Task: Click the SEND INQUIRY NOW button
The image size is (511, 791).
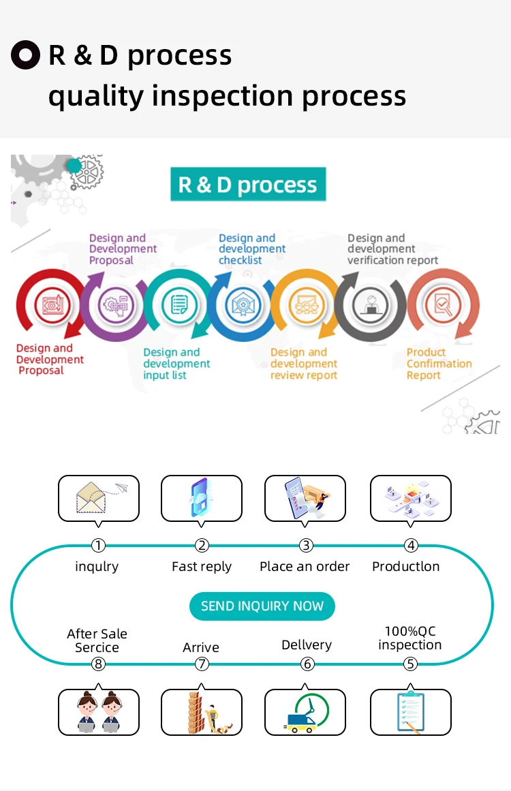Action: [x=262, y=606]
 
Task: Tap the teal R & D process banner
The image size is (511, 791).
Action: [x=248, y=185]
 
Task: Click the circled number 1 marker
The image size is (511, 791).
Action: [x=99, y=545]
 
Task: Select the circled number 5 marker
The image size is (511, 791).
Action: [x=410, y=664]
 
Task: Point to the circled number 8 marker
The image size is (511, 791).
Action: [x=99, y=664]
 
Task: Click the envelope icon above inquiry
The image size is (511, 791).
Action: [x=99, y=498]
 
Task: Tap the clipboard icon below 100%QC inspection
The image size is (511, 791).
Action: [x=410, y=712]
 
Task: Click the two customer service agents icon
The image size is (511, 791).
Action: [x=99, y=712]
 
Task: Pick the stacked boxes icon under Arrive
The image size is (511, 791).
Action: [x=202, y=713]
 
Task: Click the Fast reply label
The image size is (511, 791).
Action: [x=202, y=566]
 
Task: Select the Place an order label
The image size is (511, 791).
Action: [x=305, y=566]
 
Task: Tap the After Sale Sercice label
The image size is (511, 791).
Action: [x=97, y=640]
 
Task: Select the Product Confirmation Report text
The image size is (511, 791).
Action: [x=439, y=364]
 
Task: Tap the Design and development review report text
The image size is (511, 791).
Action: [x=304, y=364]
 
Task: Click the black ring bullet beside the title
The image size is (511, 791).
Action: [x=26, y=56]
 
